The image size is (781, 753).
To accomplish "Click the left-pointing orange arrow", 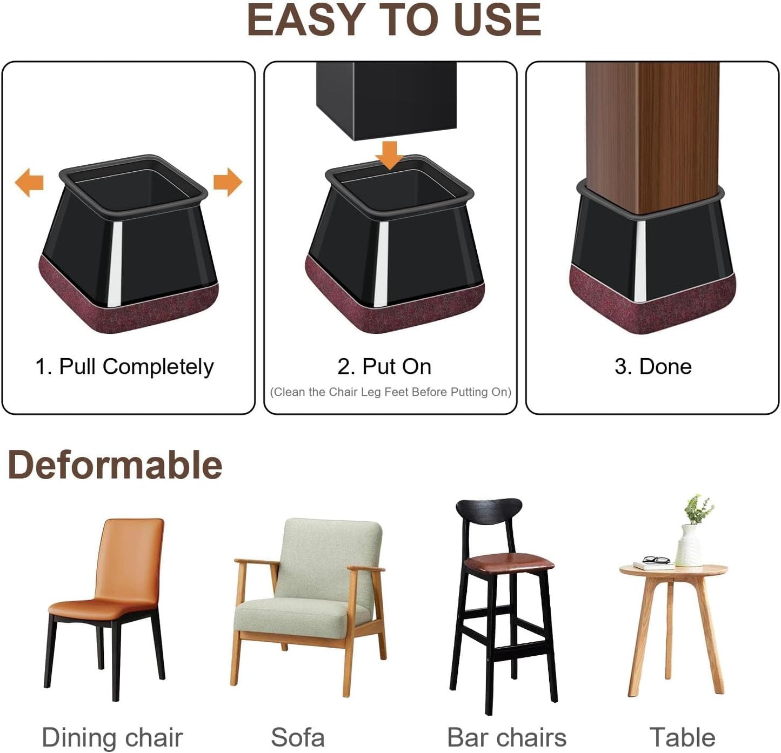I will [29, 182].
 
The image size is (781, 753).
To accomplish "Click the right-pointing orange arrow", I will [227, 182].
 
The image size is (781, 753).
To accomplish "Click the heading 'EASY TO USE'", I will [393, 21].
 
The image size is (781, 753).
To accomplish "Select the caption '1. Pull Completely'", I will [124, 367].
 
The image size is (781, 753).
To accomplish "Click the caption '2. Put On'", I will [384, 367].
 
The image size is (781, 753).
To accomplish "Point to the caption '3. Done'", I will [653, 367].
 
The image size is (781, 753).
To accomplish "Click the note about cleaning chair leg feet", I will [390, 392].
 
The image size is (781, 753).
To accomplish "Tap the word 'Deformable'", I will [115, 465].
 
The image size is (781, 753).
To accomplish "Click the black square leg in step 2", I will [386, 100].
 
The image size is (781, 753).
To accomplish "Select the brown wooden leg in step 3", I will [652, 135].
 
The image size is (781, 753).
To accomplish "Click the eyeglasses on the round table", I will [656, 560].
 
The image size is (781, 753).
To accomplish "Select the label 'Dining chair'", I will [112, 737].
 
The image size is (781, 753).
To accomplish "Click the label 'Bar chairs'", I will [506, 737].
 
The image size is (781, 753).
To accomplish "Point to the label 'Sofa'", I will [297, 737].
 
